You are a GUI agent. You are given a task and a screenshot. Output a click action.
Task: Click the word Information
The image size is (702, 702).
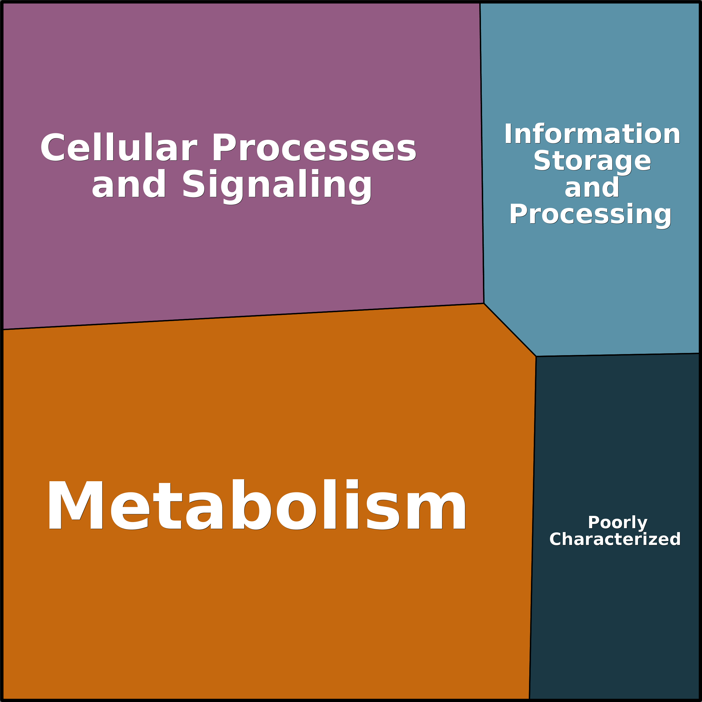click(592, 134)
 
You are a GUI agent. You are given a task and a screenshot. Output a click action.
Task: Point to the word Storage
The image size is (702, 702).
click(592, 161)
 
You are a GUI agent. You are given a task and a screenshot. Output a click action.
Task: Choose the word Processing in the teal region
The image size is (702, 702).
click(590, 214)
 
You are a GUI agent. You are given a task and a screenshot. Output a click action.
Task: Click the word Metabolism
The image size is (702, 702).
click(256, 505)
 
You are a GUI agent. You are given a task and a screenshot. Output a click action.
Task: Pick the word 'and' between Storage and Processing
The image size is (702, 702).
click(592, 188)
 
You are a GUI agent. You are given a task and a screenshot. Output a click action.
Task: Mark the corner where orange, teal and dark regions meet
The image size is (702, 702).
click(536, 357)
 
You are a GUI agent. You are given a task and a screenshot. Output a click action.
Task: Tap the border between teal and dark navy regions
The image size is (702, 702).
click(618, 355)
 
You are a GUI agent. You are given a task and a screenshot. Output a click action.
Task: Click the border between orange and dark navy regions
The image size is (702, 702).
click(532, 527)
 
